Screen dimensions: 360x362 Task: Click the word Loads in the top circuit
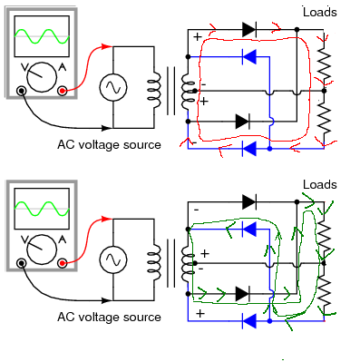pyautogui.click(x=320, y=12)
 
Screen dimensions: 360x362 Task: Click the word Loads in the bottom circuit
pyautogui.click(x=320, y=184)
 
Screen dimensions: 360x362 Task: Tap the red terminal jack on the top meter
pyautogui.click(x=63, y=91)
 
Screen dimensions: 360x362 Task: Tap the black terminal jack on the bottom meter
pyautogui.click(x=21, y=263)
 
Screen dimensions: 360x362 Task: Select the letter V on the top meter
pyautogui.click(x=25, y=68)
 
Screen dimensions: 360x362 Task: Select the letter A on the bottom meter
pyautogui.click(x=62, y=240)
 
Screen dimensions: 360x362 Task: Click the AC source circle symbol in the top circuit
pyautogui.click(x=113, y=87)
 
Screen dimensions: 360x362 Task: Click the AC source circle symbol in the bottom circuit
pyautogui.click(x=113, y=259)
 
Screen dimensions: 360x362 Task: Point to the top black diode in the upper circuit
pyautogui.click(x=249, y=29)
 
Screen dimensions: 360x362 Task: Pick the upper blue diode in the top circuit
pyautogui.click(x=249, y=56)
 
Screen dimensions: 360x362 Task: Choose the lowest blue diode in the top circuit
pyautogui.click(x=249, y=149)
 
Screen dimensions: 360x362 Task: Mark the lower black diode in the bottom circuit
pyautogui.click(x=242, y=294)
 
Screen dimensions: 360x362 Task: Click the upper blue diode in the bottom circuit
pyautogui.click(x=249, y=229)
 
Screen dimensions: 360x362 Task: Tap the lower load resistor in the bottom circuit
pyautogui.click(x=324, y=293)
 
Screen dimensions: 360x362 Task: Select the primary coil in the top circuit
pyautogui.click(x=154, y=90)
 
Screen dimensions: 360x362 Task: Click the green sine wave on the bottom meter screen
pyautogui.click(x=42, y=209)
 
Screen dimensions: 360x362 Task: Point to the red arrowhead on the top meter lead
pyautogui.click(x=107, y=46)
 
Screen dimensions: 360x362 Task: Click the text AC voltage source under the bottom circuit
pyautogui.click(x=109, y=317)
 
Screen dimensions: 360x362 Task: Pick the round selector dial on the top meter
pyautogui.click(x=42, y=77)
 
